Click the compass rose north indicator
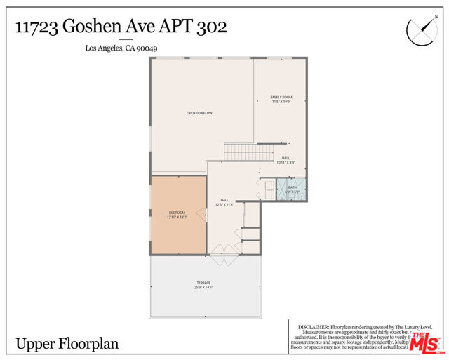point(421,29)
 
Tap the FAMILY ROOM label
point(281,96)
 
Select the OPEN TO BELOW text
point(199,113)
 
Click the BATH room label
point(292,187)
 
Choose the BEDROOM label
point(177,213)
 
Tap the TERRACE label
point(203,283)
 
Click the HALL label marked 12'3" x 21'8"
point(224,199)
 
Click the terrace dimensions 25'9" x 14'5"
point(203,288)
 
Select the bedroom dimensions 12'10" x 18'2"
point(177,218)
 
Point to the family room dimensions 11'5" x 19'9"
point(281,102)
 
